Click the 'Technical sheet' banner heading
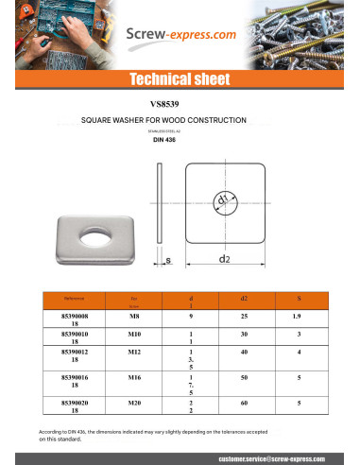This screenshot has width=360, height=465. point(180,78)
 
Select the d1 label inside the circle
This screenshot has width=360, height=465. point(223,200)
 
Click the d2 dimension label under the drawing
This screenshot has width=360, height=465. point(224,257)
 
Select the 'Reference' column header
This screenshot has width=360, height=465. point(74,298)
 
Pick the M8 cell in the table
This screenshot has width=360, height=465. point(134,317)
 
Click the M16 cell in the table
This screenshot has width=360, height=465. point(134,376)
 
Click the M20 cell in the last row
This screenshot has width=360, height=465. point(134,403)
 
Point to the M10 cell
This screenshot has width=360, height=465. point(134,334)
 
